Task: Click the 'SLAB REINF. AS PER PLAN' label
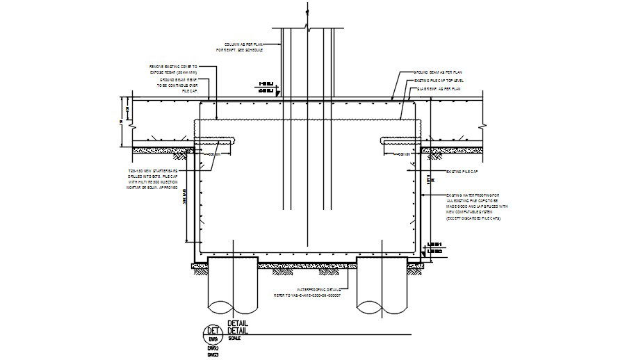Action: pos(437,89)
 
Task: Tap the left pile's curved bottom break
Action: pos(231,305)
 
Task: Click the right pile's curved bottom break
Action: pos(378,305)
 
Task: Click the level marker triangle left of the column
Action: pos(277,90)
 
